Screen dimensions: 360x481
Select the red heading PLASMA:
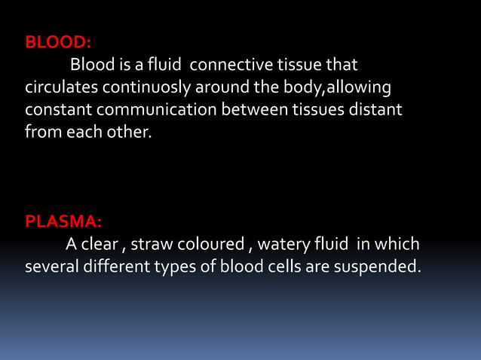pyautogui.click(x=64, y=222)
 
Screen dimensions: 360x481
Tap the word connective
pyautogui.click(x=232, y=66)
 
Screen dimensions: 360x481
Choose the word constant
pyautogui.click(x=57, y=111)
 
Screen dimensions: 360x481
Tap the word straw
pyautogui.click(x=152, y=245)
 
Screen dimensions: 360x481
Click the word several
pyautogui.click(x=52, y=267)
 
